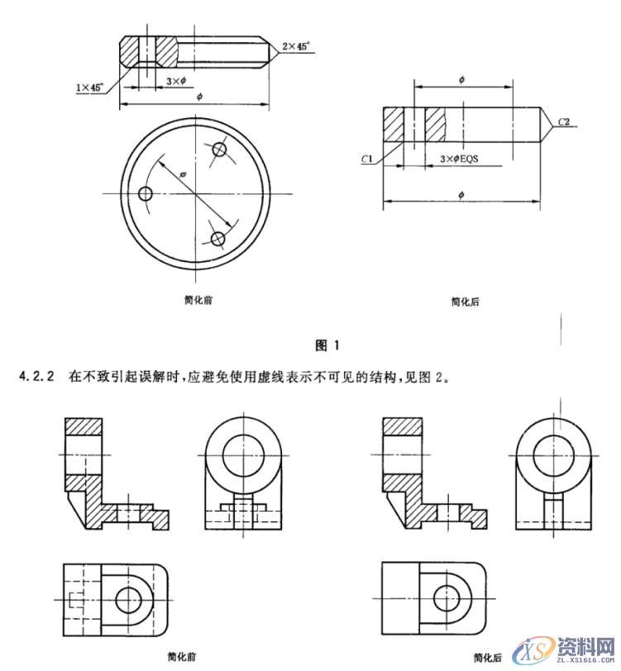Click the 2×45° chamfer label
pyautogui.click(x=295, y=47)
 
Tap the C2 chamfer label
pyautogui.click(x=565, y=121)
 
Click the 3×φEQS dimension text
pyautogui.click(x=460, y=157)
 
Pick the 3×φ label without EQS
pyautogui.click(x=175, y=81)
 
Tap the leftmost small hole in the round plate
pyautogui.click(x=146, y=194)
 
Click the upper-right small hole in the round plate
pyautogui.click(x=219, y=150)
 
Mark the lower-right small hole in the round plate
pyautogui.click(x=218, y=239)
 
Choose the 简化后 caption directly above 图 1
pyautogui.click(x=465, y=302)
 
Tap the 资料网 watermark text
pyautogui.click(x=582, y=645)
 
